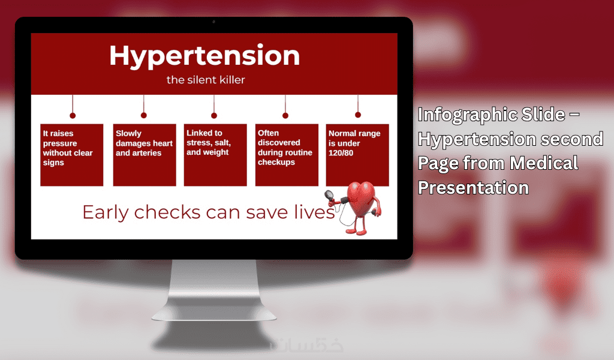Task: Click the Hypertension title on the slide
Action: click(x=204, y=56)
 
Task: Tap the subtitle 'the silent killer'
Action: click(x=206, y=80)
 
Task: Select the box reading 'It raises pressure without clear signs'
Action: click(x=72, y=155)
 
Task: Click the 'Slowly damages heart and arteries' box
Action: click(x=145, y=155)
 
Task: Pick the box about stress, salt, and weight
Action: click(x=215, y=155)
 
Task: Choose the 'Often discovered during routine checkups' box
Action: click(x=287, y=155)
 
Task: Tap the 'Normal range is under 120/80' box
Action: click(x=357, y=155)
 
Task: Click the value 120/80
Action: click(x=341, y=153)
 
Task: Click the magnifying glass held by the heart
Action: click(x=329, y=194)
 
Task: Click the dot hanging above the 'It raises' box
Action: click(x=73, y=116)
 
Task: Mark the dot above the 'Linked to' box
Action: click(x=214, y=116)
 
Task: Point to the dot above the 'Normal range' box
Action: click(x=358, y=115)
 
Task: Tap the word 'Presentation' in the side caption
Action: click(x=474, y=188)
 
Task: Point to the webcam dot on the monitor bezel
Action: click(x=214, y=22)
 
